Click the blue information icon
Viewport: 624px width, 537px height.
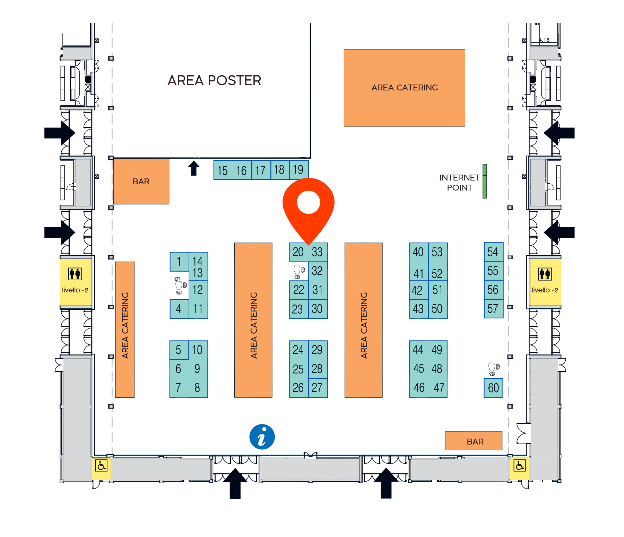pos(262,437)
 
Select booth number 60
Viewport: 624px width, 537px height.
pos(493,388)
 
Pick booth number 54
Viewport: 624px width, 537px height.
pos(493,252)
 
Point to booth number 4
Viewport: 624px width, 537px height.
pos(179,309)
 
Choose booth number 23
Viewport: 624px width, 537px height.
pos(298,309)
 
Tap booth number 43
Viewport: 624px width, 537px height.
pos(418,309)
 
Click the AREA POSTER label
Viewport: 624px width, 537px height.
pos(214,80)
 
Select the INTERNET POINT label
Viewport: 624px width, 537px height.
pos(459,183)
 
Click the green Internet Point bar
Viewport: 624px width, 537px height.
pos(485,181)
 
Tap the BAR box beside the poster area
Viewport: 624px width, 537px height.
pos(141,182)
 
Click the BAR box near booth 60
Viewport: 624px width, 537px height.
pos(474,441)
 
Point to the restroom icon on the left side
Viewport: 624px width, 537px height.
pos(75,274)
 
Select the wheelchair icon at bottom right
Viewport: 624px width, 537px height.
pos(519,465)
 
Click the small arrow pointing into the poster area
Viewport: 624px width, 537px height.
pos(194,168)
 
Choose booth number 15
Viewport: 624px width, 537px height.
pos(223,170)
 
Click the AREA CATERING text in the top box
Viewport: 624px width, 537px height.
pos(405,88)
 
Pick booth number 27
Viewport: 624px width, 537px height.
pos(318,388)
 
